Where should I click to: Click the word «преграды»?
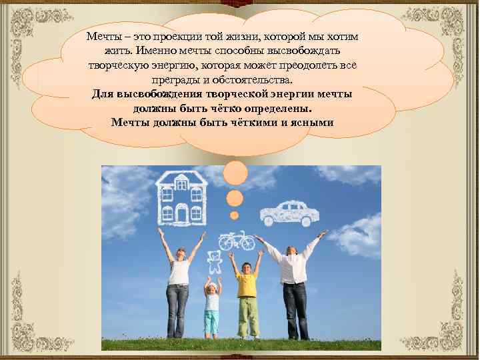click(174, 80)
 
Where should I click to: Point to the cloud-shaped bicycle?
click(236, 241)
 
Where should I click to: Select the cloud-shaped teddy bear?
click(214, 261)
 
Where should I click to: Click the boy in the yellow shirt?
click(247, 293)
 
